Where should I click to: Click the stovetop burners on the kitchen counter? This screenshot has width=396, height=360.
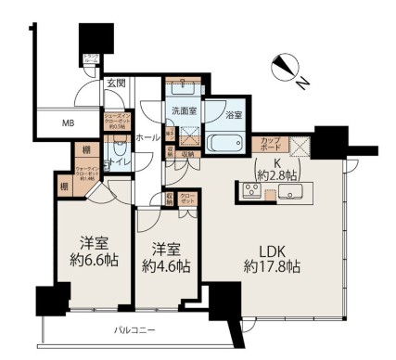[252, 192]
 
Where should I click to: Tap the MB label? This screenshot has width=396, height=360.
[69, 122]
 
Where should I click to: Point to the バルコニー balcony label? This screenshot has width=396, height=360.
[134, 329]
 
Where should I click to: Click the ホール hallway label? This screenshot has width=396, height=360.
[146, 137]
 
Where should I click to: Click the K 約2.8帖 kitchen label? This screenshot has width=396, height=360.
[276, 168]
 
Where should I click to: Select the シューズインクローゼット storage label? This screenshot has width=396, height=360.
[118, 122]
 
